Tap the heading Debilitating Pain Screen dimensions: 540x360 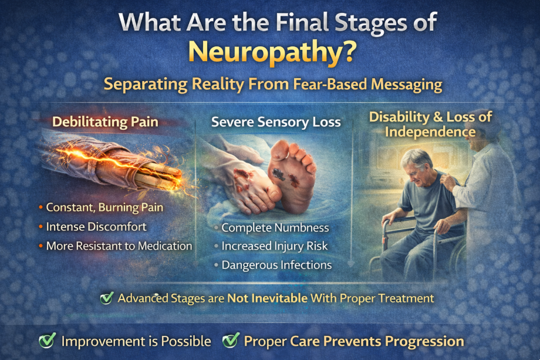105,122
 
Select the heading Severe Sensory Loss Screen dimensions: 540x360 276,122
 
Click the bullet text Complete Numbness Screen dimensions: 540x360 275,228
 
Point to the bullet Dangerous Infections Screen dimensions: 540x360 276,265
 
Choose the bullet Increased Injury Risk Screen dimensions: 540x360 275,246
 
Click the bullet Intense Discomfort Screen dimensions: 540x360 96,227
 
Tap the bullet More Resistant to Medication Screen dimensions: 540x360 119,245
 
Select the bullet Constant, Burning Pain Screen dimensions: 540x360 104,207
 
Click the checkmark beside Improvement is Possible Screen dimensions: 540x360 47,341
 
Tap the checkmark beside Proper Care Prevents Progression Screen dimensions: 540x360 231,341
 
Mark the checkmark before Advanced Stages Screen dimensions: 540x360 107,298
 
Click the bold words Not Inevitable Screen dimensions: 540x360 267,298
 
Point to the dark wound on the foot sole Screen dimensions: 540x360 278,174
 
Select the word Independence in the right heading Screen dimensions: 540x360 430,132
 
